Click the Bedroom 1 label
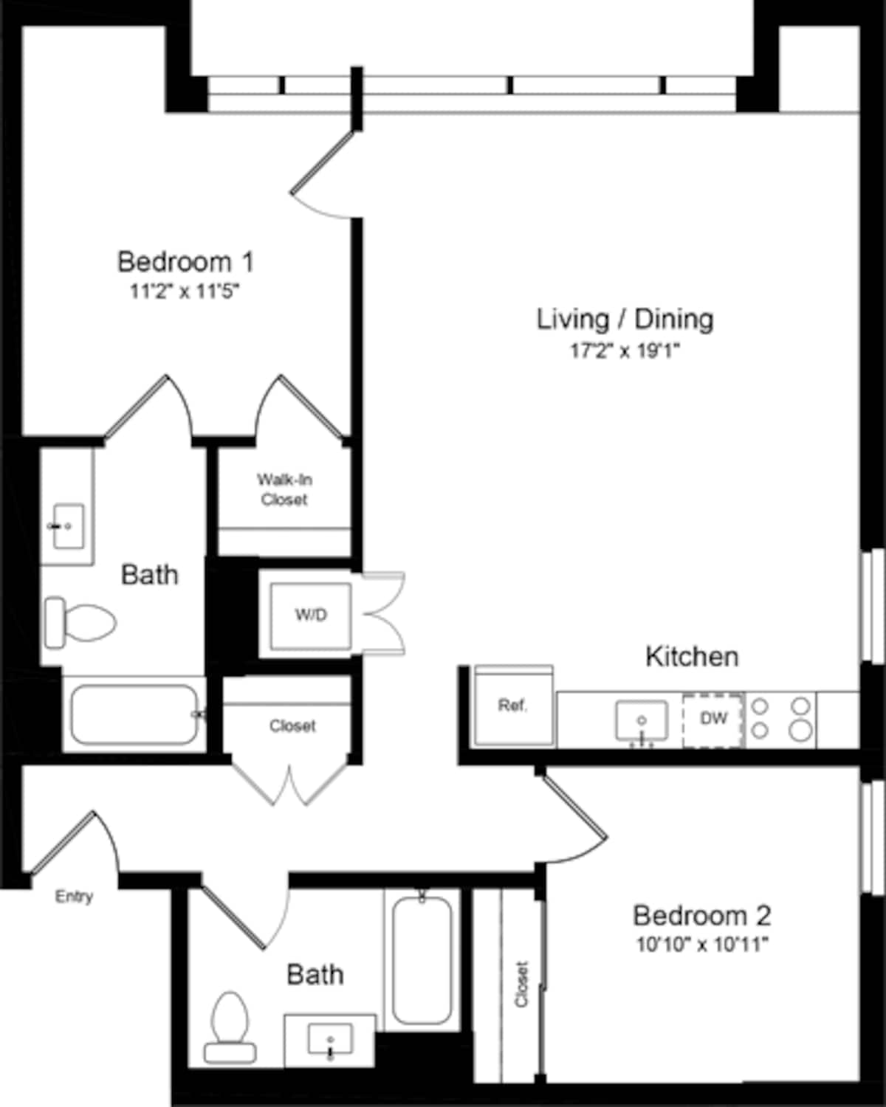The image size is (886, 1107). tap(185, 262)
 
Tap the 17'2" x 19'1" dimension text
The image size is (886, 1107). tap(624, 351)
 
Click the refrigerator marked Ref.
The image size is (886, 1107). tap(513, 706)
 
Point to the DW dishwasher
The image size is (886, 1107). tap(712, 719)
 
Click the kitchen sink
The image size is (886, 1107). tap(642, 720)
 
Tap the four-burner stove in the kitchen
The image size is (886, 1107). tap(780, 719)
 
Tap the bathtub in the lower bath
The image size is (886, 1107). tap(422, 959)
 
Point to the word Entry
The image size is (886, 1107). tap(74, 897)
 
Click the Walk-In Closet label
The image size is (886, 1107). tap(284, 489)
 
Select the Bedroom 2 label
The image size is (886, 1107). tap(701, 916)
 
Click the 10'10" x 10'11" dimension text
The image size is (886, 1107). tap(702, 945)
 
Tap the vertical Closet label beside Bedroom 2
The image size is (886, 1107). tap(522, 984)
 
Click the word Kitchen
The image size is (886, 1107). tap(692, 656)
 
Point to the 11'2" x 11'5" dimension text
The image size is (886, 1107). tap(185, 292)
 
